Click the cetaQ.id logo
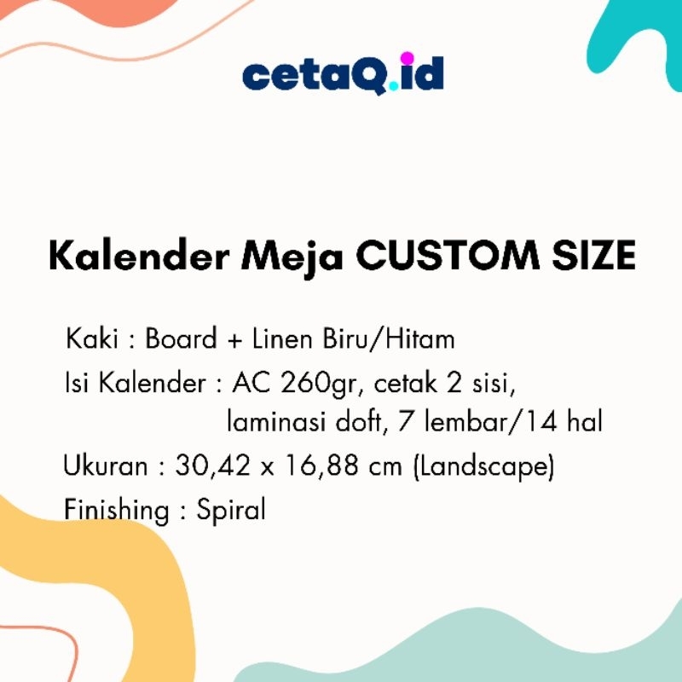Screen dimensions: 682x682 [x=343, y=74]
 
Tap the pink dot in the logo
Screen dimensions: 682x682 [x=406, y=59]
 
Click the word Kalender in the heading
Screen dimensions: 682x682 [x=127, y=256]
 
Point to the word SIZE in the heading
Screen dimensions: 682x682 [x=593, y=256]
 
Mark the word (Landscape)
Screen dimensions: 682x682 [x=483, y=467]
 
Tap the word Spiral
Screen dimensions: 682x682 [x=231, y=511]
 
